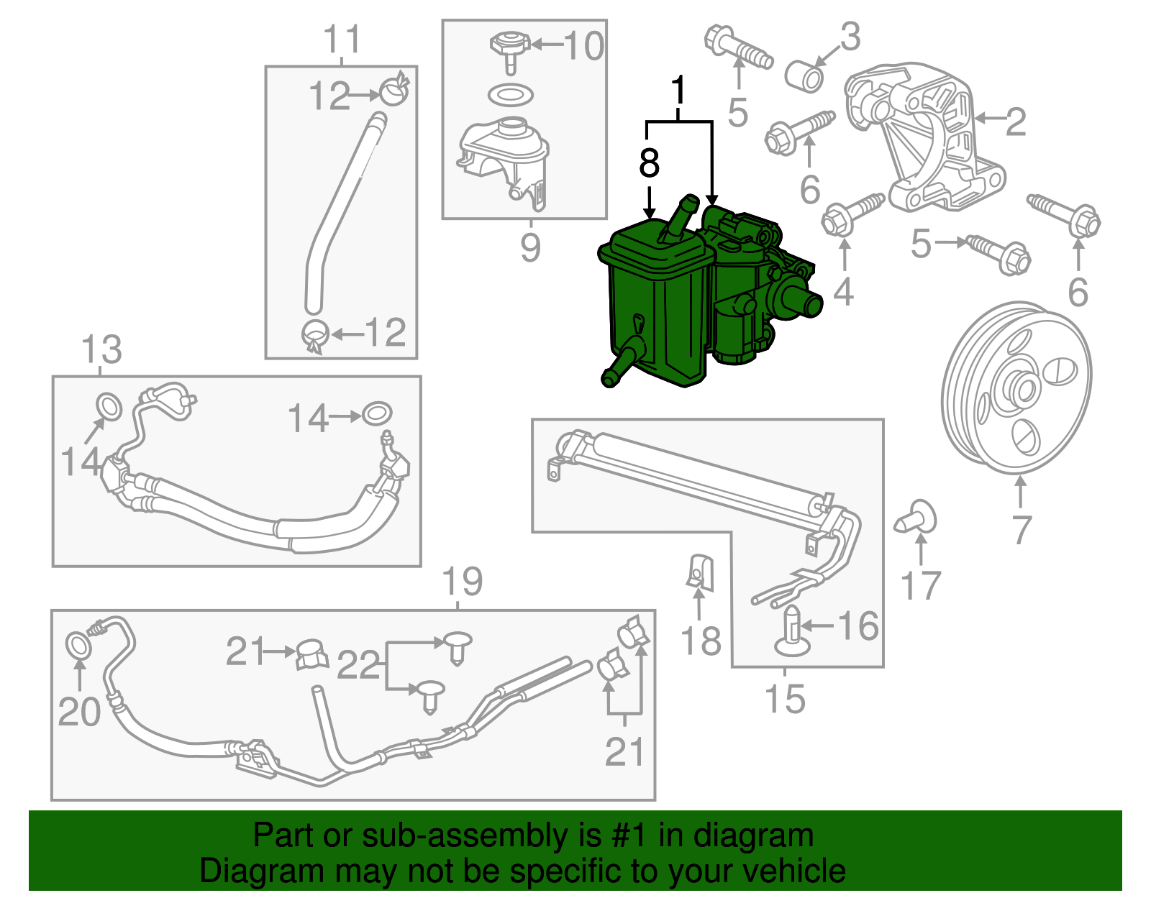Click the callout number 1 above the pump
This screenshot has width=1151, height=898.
click(677, 91)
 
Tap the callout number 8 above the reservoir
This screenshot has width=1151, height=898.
click(649, 163)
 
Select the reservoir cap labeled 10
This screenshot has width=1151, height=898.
click(510, 47)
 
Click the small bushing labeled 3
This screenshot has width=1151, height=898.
click(804, 75)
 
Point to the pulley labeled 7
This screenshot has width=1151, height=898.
click(1016, 388)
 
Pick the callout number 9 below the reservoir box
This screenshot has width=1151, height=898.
click(529, 247)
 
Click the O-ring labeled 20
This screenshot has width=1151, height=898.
click(78, 644)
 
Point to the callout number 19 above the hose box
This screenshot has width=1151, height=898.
click(461, 582)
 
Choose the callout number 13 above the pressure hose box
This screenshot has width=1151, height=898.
click(101, 350)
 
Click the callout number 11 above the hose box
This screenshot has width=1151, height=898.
click(341, 40)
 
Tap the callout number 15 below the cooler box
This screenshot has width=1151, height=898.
click(784, 699)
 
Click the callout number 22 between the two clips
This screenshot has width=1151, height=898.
click(358, 665)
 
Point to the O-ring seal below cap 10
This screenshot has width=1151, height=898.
click(510, 94)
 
